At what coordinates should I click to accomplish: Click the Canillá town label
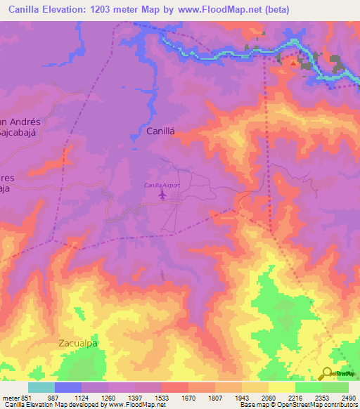click(161, 131)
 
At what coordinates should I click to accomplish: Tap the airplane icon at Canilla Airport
click(163, 194)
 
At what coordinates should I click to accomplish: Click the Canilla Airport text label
click(162, 185)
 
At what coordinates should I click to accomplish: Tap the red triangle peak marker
click(292, 62)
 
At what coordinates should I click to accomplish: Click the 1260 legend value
click(108, 397)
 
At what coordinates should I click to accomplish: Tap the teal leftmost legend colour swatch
click(41, 387)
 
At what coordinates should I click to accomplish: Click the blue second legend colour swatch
click(67, 387)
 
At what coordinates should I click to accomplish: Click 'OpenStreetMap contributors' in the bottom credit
click(318, 405)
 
